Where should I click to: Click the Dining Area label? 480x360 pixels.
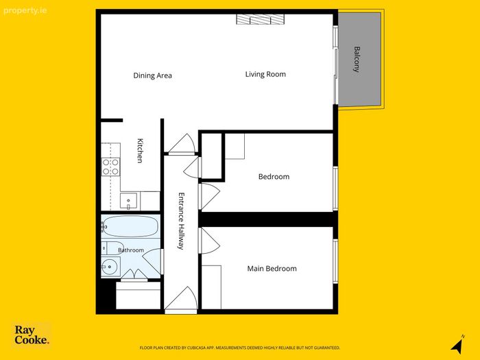(152, 75)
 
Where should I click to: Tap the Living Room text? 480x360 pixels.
(265, 74)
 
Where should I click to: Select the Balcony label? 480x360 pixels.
(357, 59)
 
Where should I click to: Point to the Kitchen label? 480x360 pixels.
(140, 151)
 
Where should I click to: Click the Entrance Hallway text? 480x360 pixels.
(181, 221)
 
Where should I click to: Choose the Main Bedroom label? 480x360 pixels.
(272, 269)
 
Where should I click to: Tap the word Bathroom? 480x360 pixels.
(131, 250)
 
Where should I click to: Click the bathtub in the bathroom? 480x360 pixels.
(130, 226)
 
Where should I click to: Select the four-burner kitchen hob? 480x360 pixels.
(110, 167)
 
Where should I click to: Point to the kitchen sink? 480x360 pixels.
(129, 201)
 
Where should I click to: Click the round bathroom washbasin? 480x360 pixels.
(110, 267)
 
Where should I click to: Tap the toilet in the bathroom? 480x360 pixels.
(112, 248)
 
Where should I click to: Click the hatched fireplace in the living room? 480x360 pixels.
(260, 19)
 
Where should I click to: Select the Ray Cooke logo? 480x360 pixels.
(32, 335)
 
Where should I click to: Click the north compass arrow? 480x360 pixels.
(457, 344)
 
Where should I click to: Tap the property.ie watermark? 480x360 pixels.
(25, 11)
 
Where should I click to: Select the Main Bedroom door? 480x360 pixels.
(209, 241)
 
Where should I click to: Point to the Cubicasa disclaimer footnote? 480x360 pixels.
(240, 348)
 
